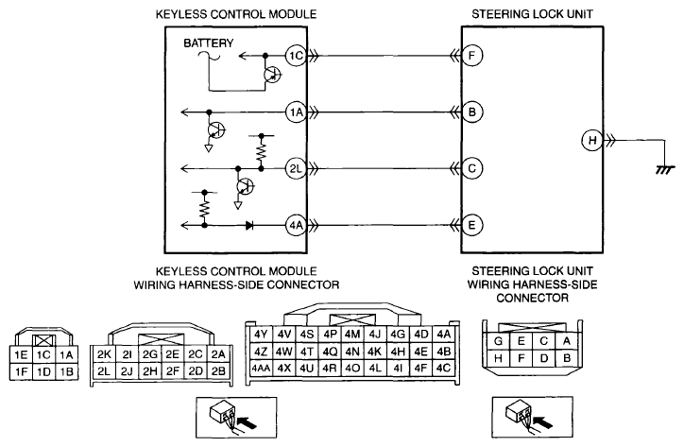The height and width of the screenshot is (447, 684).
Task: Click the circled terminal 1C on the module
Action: pyautogui.click(x=297, y=56)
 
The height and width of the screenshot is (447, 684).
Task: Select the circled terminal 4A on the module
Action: pyautogui.click(x=297, y=225)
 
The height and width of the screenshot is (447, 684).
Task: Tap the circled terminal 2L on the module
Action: pyautogui.click(x=297, y=168)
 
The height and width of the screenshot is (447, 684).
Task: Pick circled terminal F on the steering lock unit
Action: pyautogui.click(x=471, y=56)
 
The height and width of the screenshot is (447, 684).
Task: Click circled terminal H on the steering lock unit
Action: pyautogui.click(x=592, y=140)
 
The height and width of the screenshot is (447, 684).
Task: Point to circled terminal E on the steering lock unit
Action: pyautogui.click(x=471, y=225)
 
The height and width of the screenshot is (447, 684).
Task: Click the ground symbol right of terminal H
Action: pyautogui.click(x=665, y=169)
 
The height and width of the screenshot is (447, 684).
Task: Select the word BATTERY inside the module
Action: pyautogui.click(x=209, y=43)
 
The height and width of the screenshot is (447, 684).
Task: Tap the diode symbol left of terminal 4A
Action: pyautogui.click(x=249, y=225)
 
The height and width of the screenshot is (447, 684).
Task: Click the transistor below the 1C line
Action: pyautogui.click(x=272, y=75)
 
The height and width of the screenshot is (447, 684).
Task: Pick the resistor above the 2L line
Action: pyautogui.click(x=262, y=151)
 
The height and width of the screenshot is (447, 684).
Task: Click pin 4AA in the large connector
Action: pyautogui.click(x=261, y=368)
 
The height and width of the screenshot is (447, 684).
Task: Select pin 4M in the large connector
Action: pyautogui.click(x=352, y=335)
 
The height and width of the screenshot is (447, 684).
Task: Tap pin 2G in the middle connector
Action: pyautogui.click(x=149, y=354)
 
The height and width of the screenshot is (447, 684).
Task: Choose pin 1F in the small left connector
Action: pyautogui.click(x=21, y=372)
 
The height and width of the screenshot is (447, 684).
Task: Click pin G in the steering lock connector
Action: pyautogui.click(x=498, y=341)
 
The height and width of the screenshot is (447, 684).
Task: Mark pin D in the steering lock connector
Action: pyautogui.click(x=543, y=358)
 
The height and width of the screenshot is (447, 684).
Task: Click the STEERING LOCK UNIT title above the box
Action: pyautogui.click(x=532, y=14)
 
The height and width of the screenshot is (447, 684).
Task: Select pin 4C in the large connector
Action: pyautogui.click(x=443, y=368)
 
